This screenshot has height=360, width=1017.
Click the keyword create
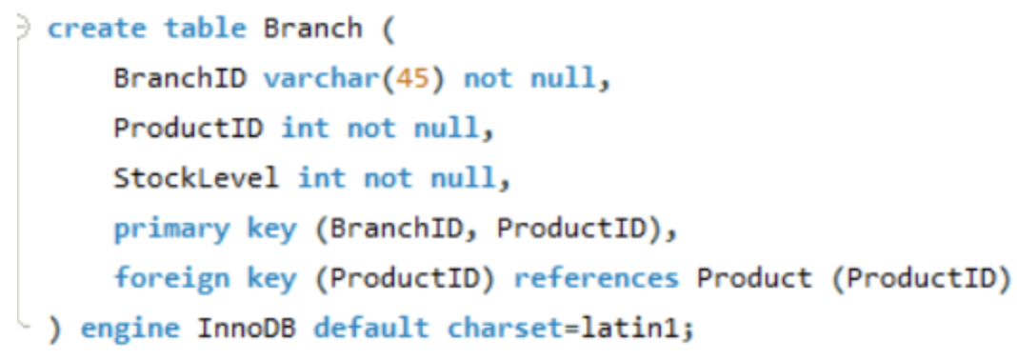(x=96, y=29)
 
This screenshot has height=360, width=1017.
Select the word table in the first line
(x=205, y=29)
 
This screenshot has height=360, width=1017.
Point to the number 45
(x=412, y=78)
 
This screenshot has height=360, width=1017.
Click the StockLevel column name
(x=196, y=177)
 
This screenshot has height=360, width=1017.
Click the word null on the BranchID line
(x=562, y=78)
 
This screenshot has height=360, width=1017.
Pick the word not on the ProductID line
(x=370, y=128)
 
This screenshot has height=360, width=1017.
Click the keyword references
(x=596, y=278)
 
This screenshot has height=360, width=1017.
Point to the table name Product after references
(x=754, y=278)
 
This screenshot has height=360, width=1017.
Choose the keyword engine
(x=130, y=329)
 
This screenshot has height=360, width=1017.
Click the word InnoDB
(x=247, y=329)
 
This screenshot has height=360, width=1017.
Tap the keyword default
(x=371, y=329)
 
